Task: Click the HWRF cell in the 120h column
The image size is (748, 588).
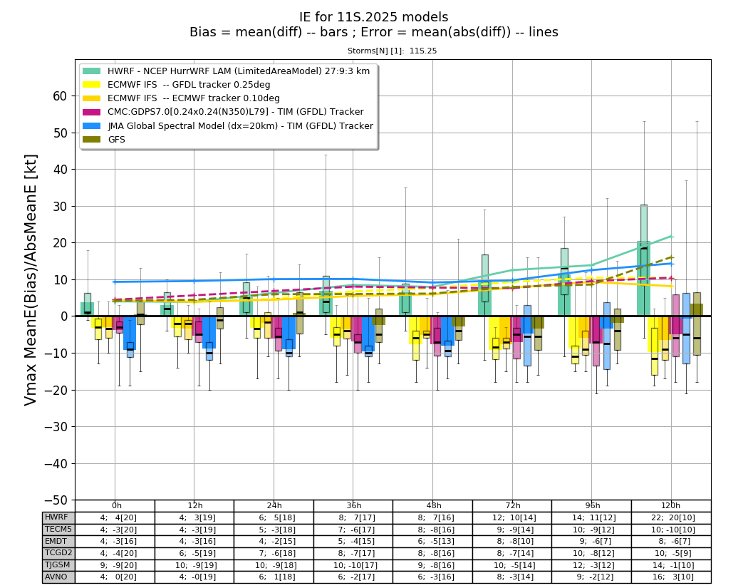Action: coord(671,517)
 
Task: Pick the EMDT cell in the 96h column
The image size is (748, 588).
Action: coord(591,541)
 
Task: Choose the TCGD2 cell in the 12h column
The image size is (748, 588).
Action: coord(194,553)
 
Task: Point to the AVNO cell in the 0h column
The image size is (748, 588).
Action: coord(115,577)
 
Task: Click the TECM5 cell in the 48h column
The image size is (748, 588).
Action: coord(432,530)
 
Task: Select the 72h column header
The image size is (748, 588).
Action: coord(513,505)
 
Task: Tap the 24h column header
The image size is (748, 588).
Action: coord(274,505)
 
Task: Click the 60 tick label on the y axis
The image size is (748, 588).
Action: coord(60,96)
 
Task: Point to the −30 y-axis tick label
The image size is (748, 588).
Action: coord(56,427)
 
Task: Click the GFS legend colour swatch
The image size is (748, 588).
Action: coord(92,140)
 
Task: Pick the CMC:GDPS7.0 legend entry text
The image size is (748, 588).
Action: coord(236,112)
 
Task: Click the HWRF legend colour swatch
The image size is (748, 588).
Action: coord(92,71)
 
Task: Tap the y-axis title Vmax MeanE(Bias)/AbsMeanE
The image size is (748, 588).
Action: coord(31,279)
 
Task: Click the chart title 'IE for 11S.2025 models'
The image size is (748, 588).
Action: coord(374,17)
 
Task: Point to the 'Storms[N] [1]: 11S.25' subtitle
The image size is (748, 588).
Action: coord(392,51)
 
